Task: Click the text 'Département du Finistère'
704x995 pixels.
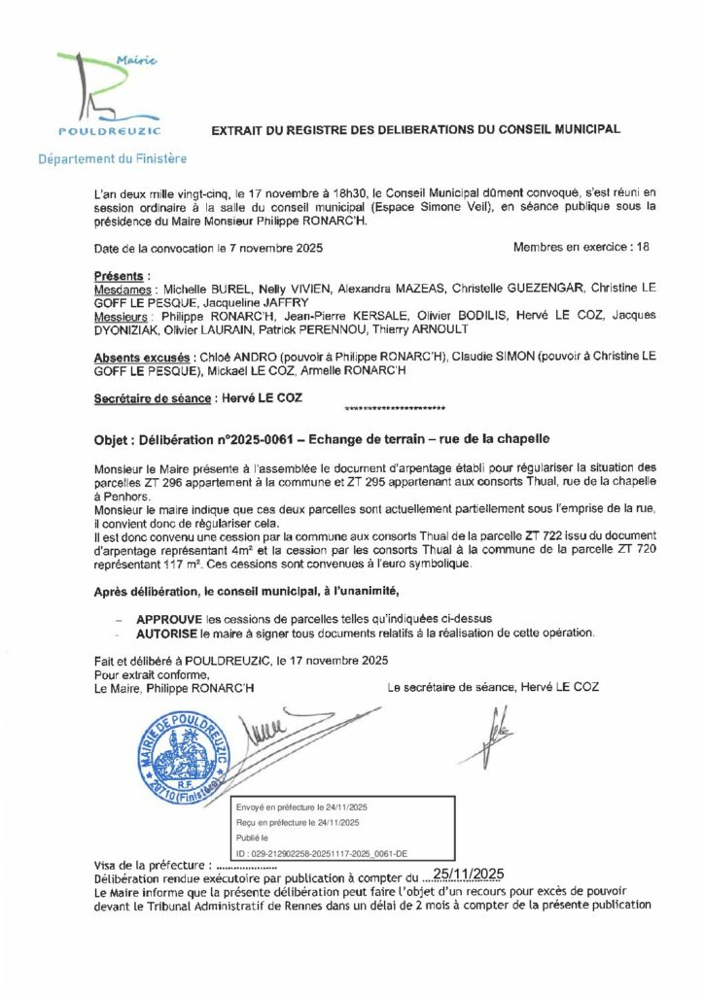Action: [x=113, y=158]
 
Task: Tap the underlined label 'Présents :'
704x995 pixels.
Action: [x=122, y=277]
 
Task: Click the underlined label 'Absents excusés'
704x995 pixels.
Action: [x=142, y=359]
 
